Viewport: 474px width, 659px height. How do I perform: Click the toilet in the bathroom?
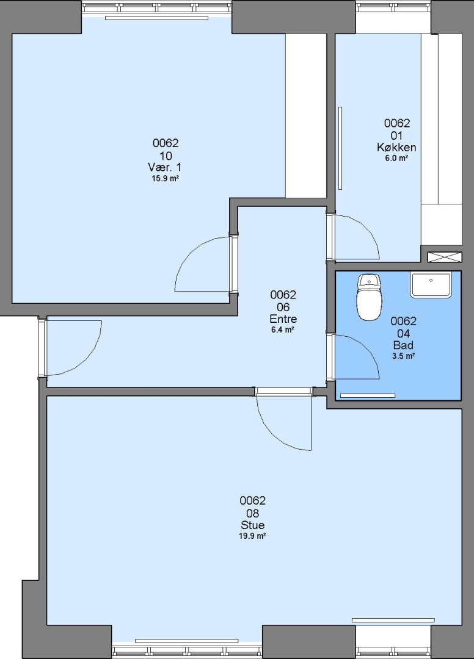click(x=370, y=298)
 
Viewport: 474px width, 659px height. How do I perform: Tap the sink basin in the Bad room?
click(x=431, y=285)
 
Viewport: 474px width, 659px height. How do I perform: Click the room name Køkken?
click(x=396, y=148)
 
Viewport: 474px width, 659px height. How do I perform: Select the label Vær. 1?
click(x=165, y=167)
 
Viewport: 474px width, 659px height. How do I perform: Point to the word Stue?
click(x=253, y=525)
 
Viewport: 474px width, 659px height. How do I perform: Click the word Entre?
click(x=283, y=319)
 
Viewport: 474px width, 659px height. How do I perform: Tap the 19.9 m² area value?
click(x=252, y=536)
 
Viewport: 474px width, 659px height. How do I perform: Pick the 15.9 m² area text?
click(x=166, y=178)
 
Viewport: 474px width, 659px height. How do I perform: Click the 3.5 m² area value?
click(x=404, y=356)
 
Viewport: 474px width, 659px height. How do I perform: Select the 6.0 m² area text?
click(x=397, y=158)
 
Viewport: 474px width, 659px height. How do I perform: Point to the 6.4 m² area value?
click(x=283, y=329)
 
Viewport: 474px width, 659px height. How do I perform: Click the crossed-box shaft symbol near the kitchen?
click(x=445, y=257)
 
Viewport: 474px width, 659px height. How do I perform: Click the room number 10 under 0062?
click(x=166, y=156)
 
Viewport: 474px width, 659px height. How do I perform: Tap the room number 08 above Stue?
click(x=253, y=513)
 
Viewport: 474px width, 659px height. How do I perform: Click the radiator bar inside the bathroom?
click(x=368, y=395)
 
